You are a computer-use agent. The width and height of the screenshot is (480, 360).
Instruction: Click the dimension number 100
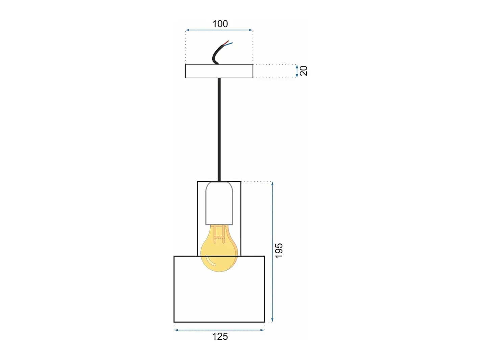pyautogui.click(x=220, y=24)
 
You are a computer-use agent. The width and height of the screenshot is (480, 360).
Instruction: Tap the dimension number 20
pyautogui.click(x=304, y=71)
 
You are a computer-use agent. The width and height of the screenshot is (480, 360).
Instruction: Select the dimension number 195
pyautogui.click(x=279, y=251)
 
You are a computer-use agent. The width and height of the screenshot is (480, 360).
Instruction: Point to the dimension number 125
pyautogui.click(x=220, y=337)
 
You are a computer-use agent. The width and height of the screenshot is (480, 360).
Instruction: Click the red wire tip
pyautogui.click(x=228, y=41)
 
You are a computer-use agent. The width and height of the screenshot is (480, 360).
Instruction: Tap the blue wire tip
pyautogui.click(x=232, y=43)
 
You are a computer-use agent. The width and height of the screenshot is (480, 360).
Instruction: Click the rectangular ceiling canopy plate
pyautogui.click(x=219, y=71)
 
